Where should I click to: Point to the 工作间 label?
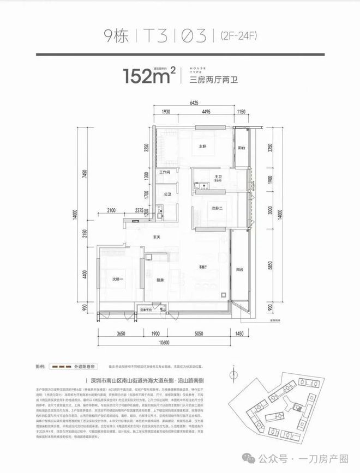pyautogui.click(x=166, y=172)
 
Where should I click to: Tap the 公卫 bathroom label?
pyautogui.click(x=167, y=193)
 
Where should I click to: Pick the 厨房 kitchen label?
pyautogui.click(x=160, y=280)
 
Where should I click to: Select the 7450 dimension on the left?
pyautogui.click(x=84, y=174)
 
